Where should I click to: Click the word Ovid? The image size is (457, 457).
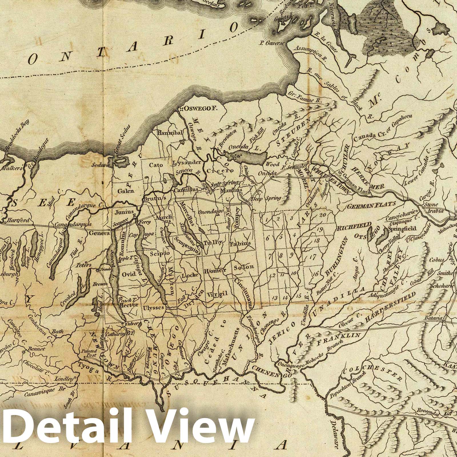pyautogui.click(x=128, y=274)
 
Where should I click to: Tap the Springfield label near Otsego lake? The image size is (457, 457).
pyautogui.click(x=402, y=229)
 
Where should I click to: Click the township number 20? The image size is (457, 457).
pyautogui.click(x=323, y=215)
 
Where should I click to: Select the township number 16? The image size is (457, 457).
pyautogui.click(x=316, y=274)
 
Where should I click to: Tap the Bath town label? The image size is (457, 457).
pyautogui.click(x=57, y=332)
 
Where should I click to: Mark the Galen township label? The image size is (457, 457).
pyautogui.click(x=126, y=191)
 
